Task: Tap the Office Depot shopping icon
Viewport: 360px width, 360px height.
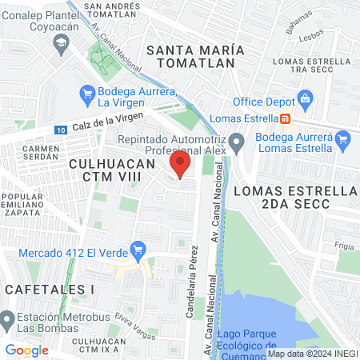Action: (x=305, y=99)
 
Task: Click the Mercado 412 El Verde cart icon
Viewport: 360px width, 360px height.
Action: (x=139, y=249)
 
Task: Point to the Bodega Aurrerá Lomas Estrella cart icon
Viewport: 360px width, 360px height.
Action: (x=345, y=141)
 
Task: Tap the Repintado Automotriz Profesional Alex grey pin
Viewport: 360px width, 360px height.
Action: (x=236, y=144)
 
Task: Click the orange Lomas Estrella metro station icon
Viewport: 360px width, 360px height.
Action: (x=284, y=119)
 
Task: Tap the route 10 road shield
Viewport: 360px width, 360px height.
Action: (x=62, y=130)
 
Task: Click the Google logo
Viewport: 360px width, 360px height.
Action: (x=26, y=350)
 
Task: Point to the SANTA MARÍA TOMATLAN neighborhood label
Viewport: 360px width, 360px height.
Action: (x=191, y=56)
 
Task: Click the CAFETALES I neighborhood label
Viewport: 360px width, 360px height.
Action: (x=48, y=287)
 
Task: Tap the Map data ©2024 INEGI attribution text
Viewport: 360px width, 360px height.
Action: (x=311, y=353)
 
